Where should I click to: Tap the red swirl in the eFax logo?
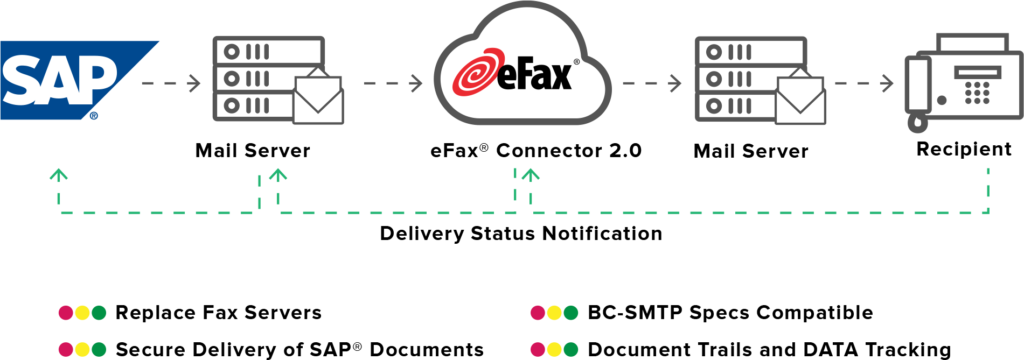[477, 77]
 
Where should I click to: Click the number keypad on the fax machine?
[977, 93]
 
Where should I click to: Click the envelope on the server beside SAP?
[318, 100]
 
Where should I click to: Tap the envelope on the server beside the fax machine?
[802, 100]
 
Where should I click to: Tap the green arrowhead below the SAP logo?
[59, 174]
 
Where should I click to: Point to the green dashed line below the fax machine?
[988, 190]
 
